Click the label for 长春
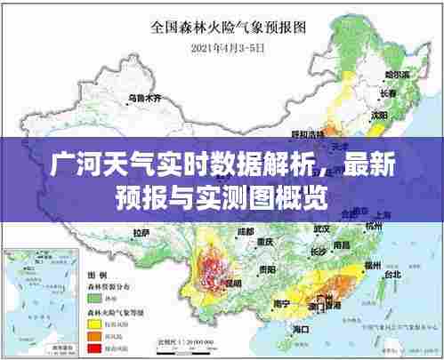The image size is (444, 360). tap(388, 94)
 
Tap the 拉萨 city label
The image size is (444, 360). tap(141, 232)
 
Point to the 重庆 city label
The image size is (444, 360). tap(263, 241)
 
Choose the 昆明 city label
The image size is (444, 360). tap(233, 283)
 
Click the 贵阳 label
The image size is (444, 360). tap(267, 268)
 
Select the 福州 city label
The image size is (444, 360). tap(366, 263)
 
